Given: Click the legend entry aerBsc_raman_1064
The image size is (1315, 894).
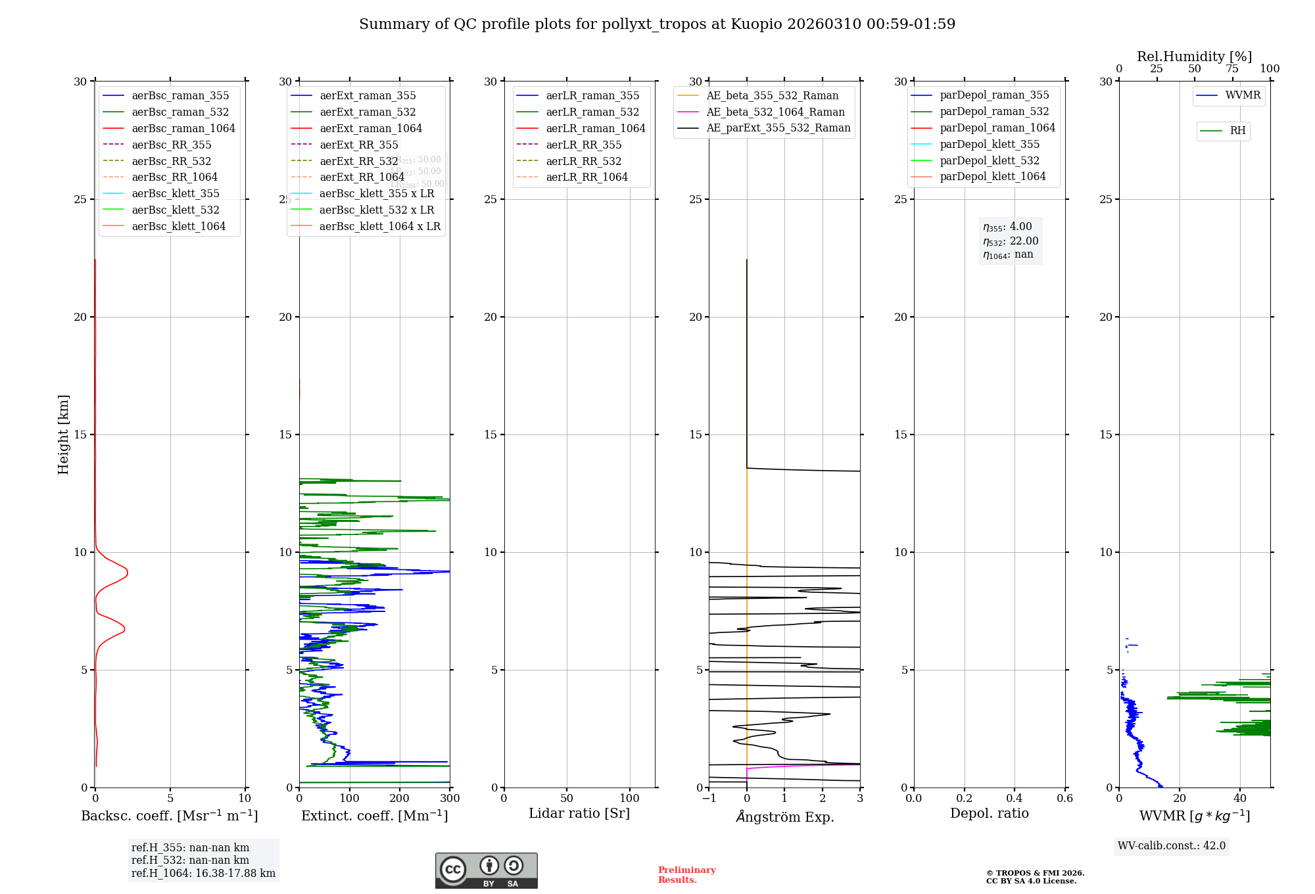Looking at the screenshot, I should click(183, 128).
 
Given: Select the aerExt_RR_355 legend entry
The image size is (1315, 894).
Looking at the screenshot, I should click(358, 145).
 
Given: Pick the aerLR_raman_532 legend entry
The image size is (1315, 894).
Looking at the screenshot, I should click(592, 112).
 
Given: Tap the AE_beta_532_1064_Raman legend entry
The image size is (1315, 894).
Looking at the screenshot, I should click(775, 112).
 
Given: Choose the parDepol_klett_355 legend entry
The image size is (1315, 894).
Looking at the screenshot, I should click(990, 144).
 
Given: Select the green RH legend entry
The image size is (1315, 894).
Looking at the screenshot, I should click(1237, 131).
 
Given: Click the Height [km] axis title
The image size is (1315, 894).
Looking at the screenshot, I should click(63, 435).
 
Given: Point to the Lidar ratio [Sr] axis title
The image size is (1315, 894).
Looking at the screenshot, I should click(579, 813).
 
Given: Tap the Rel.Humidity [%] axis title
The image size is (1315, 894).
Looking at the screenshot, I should click(1194, 57).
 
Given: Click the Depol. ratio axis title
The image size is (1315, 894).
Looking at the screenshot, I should click(989, 813).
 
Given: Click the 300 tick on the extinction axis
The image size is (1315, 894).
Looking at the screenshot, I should click(450, 799).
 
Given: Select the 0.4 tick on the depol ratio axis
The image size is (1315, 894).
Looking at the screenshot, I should click(1015, 799).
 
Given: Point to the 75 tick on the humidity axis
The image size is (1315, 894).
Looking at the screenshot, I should click(1232, 69).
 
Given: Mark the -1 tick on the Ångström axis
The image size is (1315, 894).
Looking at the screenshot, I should click(709, 799).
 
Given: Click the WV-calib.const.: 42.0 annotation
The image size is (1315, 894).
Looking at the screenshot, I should click(1171, 845).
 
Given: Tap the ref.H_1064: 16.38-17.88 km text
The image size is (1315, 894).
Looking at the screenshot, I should click(203, 874).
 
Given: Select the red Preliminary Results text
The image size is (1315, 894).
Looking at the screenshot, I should click(686, 875).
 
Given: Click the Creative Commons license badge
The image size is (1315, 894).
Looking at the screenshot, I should click(486, 870).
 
